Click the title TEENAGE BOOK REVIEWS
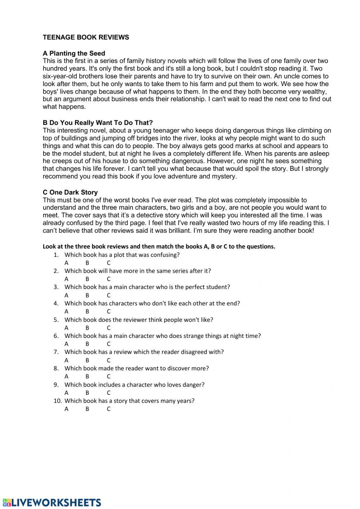coord(86,37)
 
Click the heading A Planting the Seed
coord(74,53)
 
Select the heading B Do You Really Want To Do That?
coord(98,123)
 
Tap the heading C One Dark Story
coord(70,192)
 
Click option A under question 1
coord(66,263)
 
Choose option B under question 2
coord(87,279)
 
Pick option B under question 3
coord(87,295)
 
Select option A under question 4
coord(66,311)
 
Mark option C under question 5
coord(108,328)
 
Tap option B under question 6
coord(87,344)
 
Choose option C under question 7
coord(108,360)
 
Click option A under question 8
coord(66,376)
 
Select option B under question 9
coord(87,393)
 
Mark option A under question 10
coord(66,409)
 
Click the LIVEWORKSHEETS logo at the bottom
coord(52,503)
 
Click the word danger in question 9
coord(194,384)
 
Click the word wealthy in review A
coord(314,91)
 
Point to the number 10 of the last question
coord(57,401)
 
